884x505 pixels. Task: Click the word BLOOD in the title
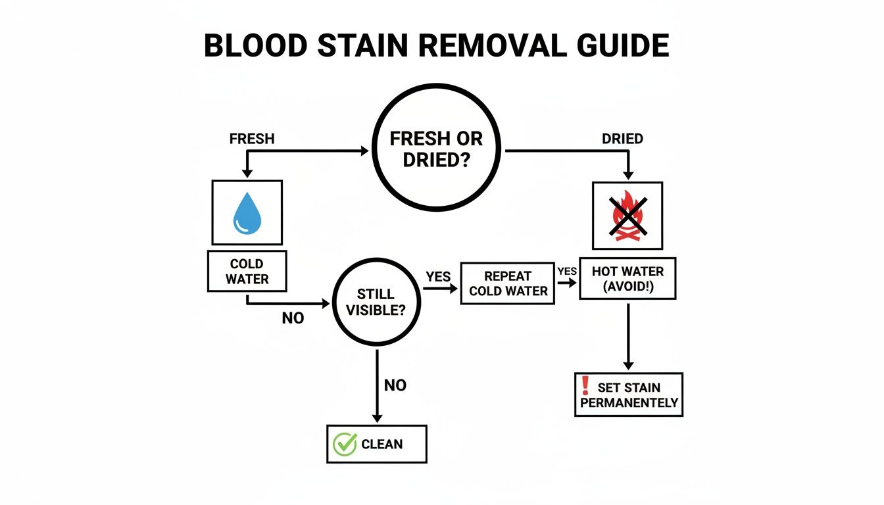click(255, 46)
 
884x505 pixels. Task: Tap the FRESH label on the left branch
click(252, 139)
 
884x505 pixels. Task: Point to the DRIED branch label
click(622, 139)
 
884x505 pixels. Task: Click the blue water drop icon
click(247, 213)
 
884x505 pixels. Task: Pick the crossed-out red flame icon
click(627, 215)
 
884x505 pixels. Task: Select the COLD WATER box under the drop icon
click(247, 271)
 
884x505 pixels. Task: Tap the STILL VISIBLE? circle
click(376, 302)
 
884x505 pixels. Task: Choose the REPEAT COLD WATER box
click(508, 283)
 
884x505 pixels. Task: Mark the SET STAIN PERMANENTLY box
click(629, 395)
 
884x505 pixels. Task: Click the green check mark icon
click(344, 444)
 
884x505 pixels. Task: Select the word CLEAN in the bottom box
click(382, 445)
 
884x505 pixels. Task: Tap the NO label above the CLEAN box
click(395, 385)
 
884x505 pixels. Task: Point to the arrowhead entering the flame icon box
click(628, 176)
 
